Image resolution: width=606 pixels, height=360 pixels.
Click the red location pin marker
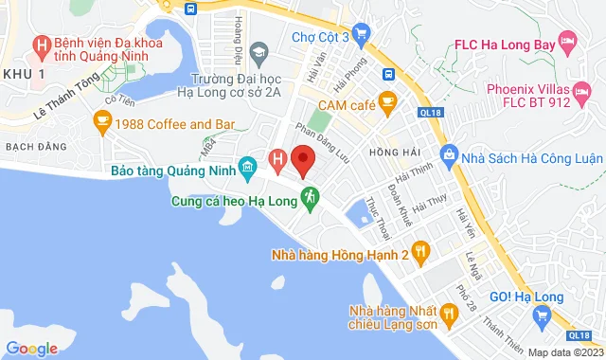303,158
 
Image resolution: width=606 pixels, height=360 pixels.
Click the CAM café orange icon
386,101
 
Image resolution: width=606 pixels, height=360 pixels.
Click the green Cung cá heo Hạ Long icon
309,198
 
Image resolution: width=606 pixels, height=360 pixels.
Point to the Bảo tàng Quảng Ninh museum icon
248,168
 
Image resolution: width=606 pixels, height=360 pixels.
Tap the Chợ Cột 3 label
320,37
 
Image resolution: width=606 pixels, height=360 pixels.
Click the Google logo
31,348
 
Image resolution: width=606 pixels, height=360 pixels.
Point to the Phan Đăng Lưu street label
323,142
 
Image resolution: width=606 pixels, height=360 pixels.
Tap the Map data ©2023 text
563,352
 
